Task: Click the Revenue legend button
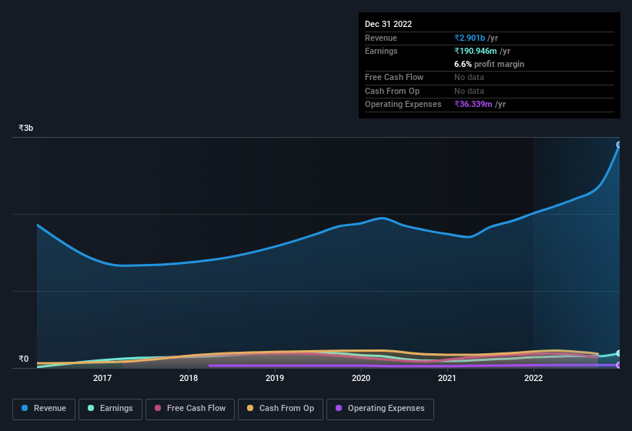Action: (45, 409)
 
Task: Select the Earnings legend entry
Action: (111, 409)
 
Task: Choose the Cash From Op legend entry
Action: (280, 409)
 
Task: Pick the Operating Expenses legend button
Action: (380, 409)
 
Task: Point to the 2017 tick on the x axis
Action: (102, 378)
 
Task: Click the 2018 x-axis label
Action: (189, 378)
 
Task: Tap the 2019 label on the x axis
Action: (275, 378)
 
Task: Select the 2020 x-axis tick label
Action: (361, 378)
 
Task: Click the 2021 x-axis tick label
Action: (447, 378)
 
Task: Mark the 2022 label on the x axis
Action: (533, 378)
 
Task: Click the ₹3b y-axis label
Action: (26, 128)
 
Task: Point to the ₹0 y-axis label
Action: (23, 359)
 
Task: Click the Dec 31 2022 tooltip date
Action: (388, 24)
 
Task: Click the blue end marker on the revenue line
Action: (619, 145)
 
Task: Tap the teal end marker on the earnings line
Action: (619, 353)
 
